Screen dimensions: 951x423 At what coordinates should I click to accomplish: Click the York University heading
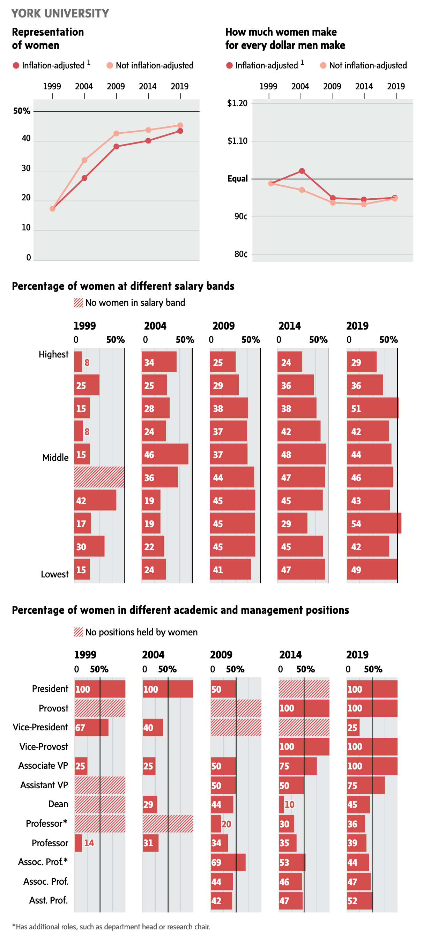[60, 13]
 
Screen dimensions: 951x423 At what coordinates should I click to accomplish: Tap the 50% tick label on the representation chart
[22, 111]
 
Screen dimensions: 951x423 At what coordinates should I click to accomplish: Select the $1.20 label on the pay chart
[237, 103]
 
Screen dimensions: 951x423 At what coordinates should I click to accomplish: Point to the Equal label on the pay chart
[237, 179]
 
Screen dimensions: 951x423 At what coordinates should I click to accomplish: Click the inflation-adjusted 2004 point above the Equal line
[302, 171]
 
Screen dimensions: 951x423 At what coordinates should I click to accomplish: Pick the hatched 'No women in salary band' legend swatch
[78, 303]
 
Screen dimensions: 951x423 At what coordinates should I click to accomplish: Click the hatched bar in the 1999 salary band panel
[99, 477]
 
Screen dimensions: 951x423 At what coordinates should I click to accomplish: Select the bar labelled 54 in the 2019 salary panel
[373, 523]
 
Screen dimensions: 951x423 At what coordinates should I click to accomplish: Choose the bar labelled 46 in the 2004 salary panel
[165, 454]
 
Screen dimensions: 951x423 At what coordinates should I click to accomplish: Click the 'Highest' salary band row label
[53, 354]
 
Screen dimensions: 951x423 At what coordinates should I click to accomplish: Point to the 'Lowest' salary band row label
[55, 574]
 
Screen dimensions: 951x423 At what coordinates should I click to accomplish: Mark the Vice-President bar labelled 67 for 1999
[91, 727]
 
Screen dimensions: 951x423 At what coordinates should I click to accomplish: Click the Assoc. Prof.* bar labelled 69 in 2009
[228, 862]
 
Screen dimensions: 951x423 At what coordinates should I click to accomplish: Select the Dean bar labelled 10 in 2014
[281, 804]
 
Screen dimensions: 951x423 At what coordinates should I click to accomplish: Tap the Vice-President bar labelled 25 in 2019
[353, 727]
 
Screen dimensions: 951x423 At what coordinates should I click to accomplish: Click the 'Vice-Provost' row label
[44, 746]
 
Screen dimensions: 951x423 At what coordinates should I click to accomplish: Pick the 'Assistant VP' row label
[44, 785]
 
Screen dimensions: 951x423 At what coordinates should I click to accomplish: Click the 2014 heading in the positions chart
[290, 655]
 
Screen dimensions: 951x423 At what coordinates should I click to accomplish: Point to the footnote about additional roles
[111, 926]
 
